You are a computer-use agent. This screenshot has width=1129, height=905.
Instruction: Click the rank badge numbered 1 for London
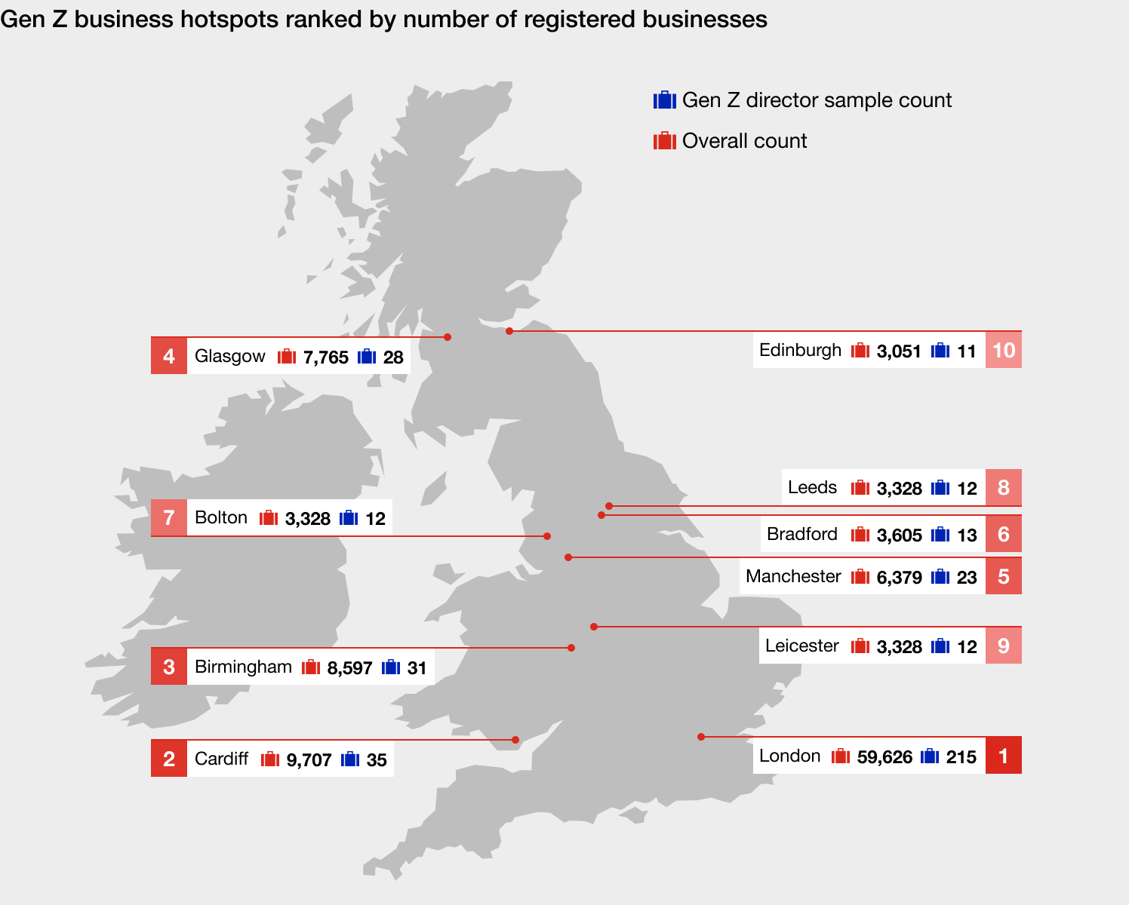point(1003,756)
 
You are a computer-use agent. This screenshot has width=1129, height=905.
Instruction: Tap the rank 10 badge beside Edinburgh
point(1003,350)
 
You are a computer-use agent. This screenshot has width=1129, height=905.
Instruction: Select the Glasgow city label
point(229,356)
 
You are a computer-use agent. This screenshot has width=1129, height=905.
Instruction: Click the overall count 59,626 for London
point(884,756)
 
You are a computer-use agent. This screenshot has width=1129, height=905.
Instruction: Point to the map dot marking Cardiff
point(515,740)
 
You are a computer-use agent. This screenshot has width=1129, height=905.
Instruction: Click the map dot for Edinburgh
point(509,331)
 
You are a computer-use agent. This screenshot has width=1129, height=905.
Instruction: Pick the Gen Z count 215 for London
point(961,756)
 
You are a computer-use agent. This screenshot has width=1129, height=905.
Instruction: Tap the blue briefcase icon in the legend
point(664,100)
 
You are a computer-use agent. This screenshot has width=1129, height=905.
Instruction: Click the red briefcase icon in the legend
point(664,140)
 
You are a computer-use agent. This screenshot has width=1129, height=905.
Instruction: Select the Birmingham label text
point(243,667)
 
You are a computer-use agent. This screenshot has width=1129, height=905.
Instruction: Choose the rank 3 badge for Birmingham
point(169,667)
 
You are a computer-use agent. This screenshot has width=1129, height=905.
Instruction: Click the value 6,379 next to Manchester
point(899,578)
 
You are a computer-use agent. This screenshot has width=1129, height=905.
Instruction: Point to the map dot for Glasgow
point(448,337)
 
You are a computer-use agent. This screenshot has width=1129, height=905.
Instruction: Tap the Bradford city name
point(801,534)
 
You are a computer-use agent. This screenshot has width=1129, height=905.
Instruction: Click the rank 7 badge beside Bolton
point(169,517)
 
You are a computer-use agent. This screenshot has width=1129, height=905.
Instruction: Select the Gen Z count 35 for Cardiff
point(377,759)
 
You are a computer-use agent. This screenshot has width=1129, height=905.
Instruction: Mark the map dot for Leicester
point(594,627)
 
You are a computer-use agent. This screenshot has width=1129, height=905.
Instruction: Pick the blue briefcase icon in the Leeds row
point(940,487)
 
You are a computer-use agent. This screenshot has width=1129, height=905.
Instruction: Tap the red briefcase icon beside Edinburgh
point(860,350)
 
